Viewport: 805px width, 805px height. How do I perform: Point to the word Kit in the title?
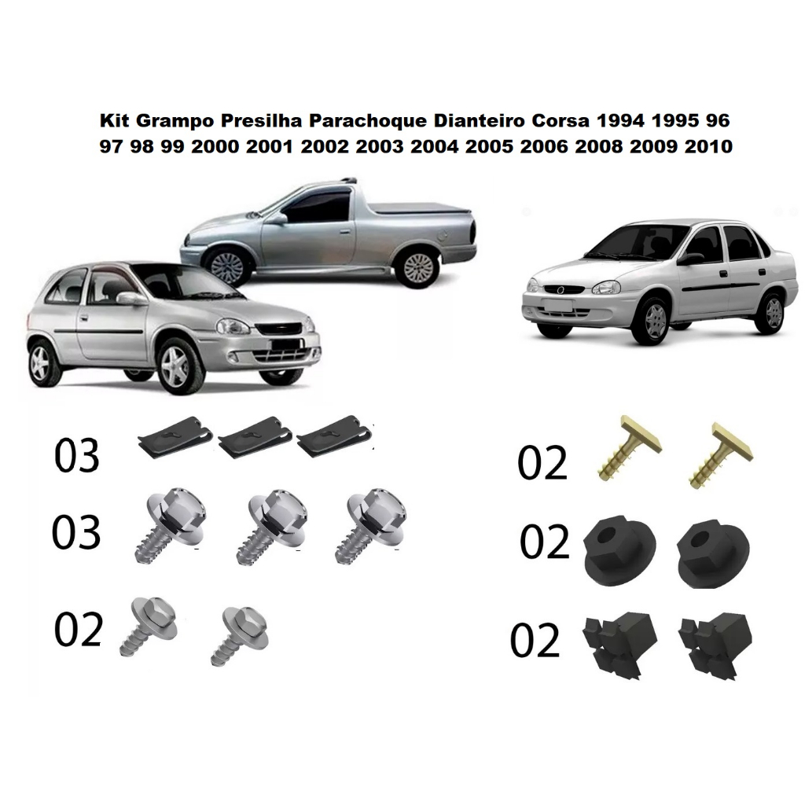pyautogui.click(x=115, y=120)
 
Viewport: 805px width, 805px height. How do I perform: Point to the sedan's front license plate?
pyautogui.click(x=557, y=306)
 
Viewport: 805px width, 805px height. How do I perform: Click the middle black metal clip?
pyautogui.click(x=255, y=437)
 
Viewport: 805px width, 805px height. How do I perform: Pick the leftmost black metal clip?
pyautogui.click(x=175, y=437)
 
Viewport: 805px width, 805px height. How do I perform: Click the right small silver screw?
pyautogui.click(x=239, y=635)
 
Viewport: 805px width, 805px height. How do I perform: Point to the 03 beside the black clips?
pyautogui.click(x=76, y=455)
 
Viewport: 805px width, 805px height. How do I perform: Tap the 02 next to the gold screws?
pyautogui.click(x=542, y=462)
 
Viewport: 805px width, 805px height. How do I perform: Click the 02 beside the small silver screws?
pyautogui.click(x=79, y=630)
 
